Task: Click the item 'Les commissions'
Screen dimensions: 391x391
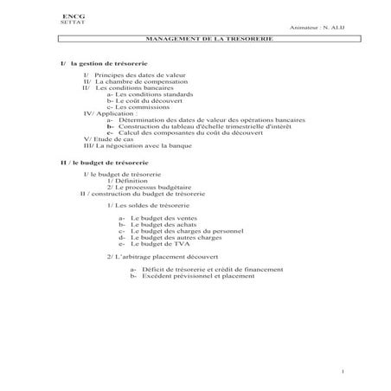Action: point(144,106)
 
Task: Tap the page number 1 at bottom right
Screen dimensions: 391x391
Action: point(343,371)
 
